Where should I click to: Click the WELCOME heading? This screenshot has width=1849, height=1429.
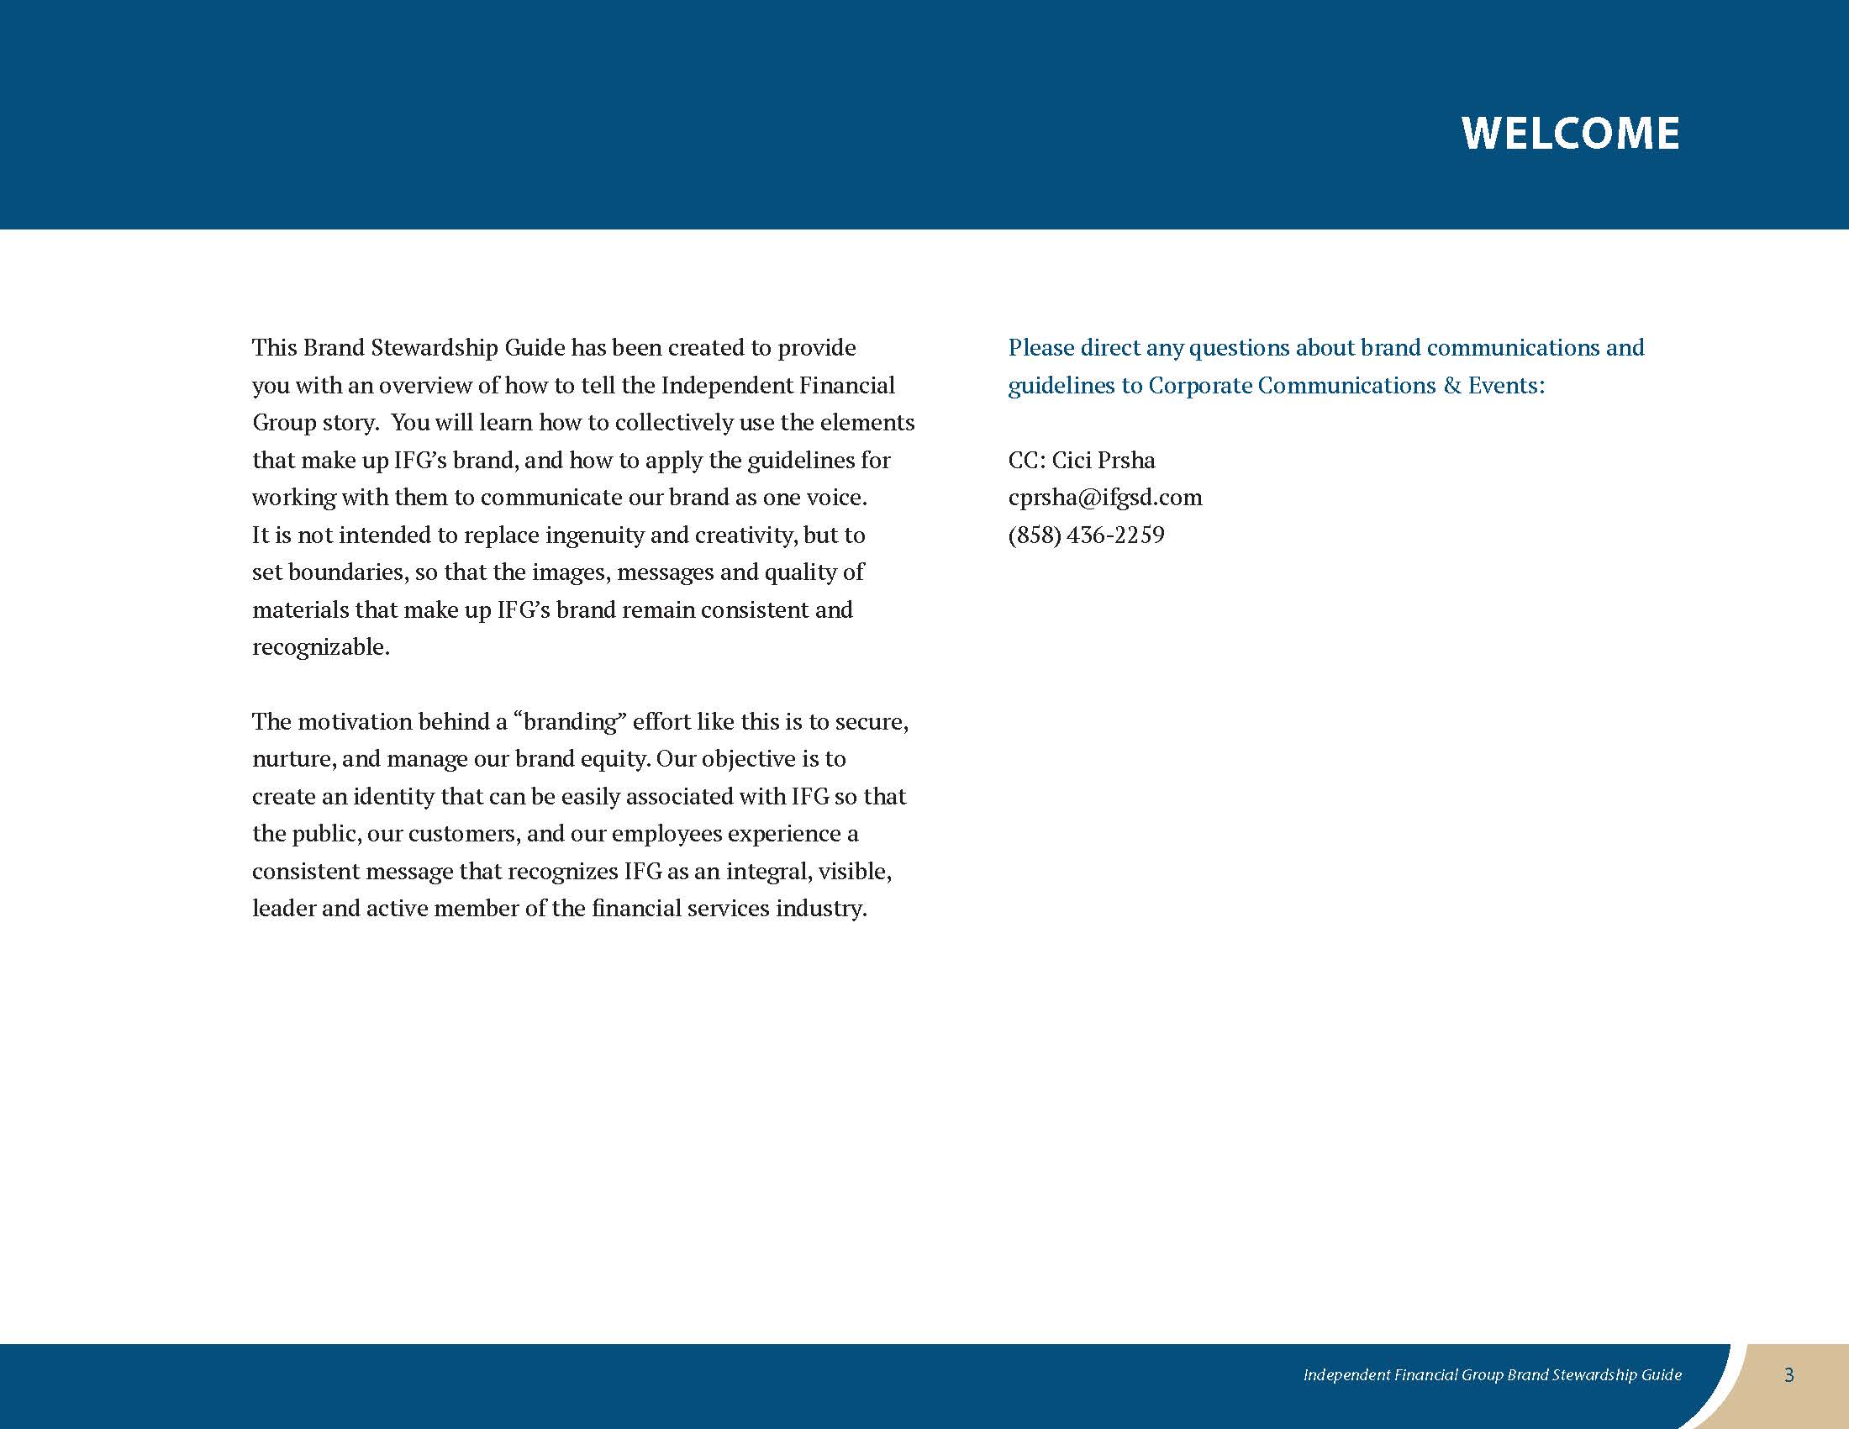(x=1570, y=134)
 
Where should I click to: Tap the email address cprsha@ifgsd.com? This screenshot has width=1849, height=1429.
(x=1105, y=497)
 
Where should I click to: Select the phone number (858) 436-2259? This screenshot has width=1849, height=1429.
(x=1086, y=535)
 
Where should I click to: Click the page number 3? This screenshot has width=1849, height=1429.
(x=1788, y=1375)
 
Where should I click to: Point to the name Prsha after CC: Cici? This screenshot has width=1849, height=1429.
(x=1127, y=460)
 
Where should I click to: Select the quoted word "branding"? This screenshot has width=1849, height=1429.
(x=569, y=721)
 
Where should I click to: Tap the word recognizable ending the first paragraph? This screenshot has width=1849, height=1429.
(x=320, y=647)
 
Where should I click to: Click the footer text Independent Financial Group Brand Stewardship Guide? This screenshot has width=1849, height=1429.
(x=1492, y=1375)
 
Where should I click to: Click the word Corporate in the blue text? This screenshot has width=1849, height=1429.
(x=1198, y=386)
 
